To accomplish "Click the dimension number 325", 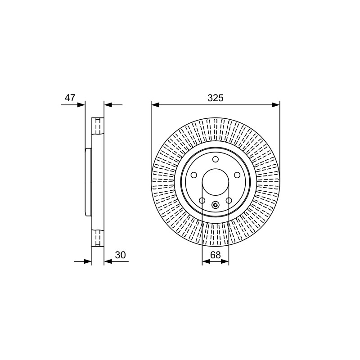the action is point(216,98).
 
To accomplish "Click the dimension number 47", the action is point(70,98).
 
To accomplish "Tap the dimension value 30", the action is point(120,255).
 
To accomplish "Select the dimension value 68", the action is point(216,255).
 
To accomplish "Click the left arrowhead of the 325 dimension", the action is point(155,105).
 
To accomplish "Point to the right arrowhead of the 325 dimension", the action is point(276,105).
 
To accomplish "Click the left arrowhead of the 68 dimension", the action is point(206,261).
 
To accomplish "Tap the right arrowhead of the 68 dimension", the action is point(225,261).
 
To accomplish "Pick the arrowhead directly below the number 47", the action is point(81,105).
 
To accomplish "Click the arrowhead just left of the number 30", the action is point(108,261).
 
